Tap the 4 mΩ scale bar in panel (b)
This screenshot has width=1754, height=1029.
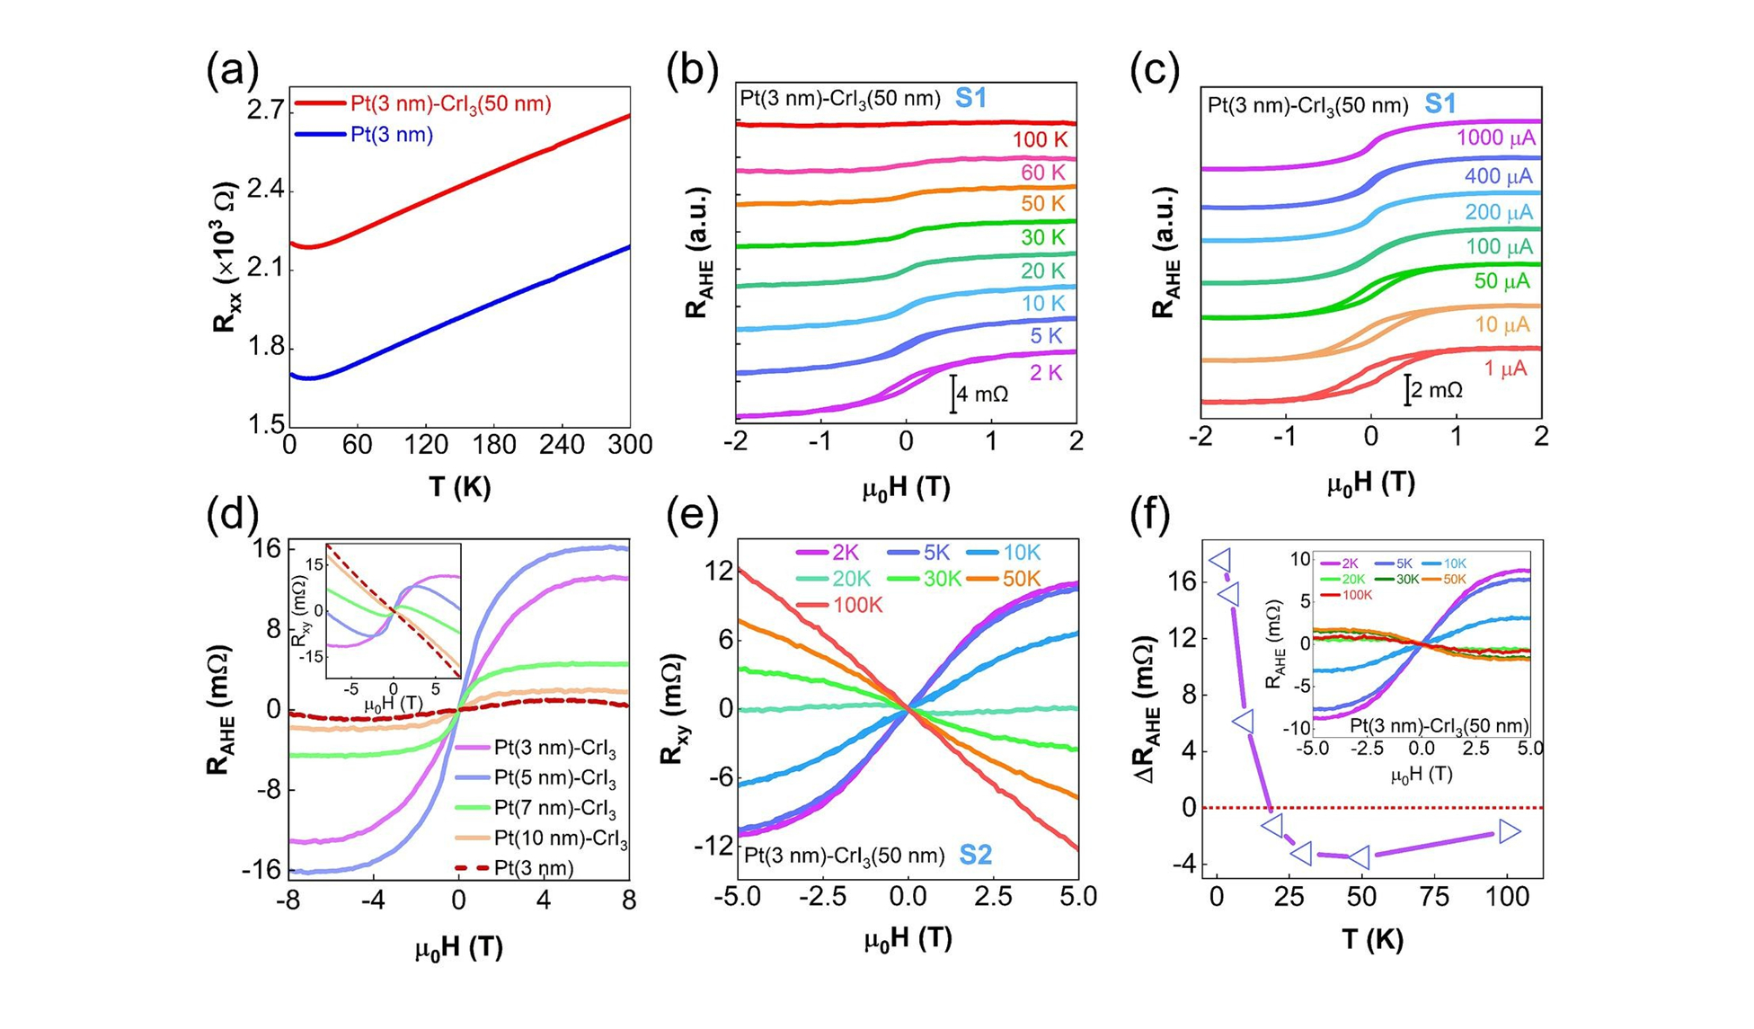(953, 394)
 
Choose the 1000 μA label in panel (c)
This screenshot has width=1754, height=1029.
(1495, 138)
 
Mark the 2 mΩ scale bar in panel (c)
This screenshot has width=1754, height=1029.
(1407, 390)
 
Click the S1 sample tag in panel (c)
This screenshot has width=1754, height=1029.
(1440, 104)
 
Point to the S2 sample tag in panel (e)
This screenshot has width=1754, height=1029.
(976, 856)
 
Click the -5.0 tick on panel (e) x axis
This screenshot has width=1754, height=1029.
(738, 897)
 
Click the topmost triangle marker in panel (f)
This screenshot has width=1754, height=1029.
(1220, 560)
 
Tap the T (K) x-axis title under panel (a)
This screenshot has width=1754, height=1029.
(459, 488)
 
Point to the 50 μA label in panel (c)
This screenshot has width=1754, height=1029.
(1502, 282)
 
